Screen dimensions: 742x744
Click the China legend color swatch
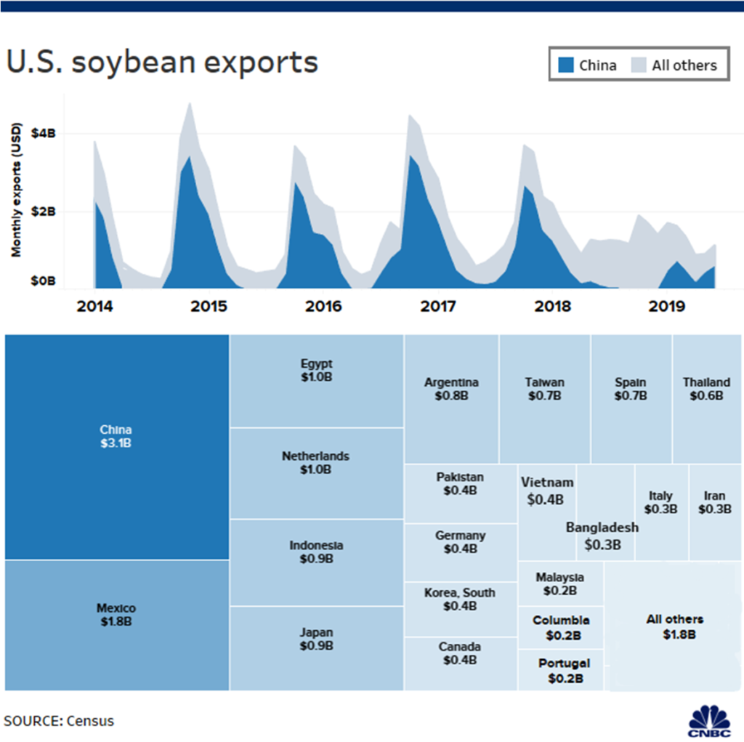coord(566,65)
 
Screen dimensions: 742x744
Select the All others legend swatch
coord(639,65)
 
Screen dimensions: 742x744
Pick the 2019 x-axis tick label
coord(667,307)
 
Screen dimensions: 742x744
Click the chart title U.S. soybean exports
coord(162,62)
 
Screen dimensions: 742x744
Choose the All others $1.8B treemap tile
coord(674,626)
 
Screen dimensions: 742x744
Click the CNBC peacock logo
coord(710,722)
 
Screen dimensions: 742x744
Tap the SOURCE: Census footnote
coord(59,721)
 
